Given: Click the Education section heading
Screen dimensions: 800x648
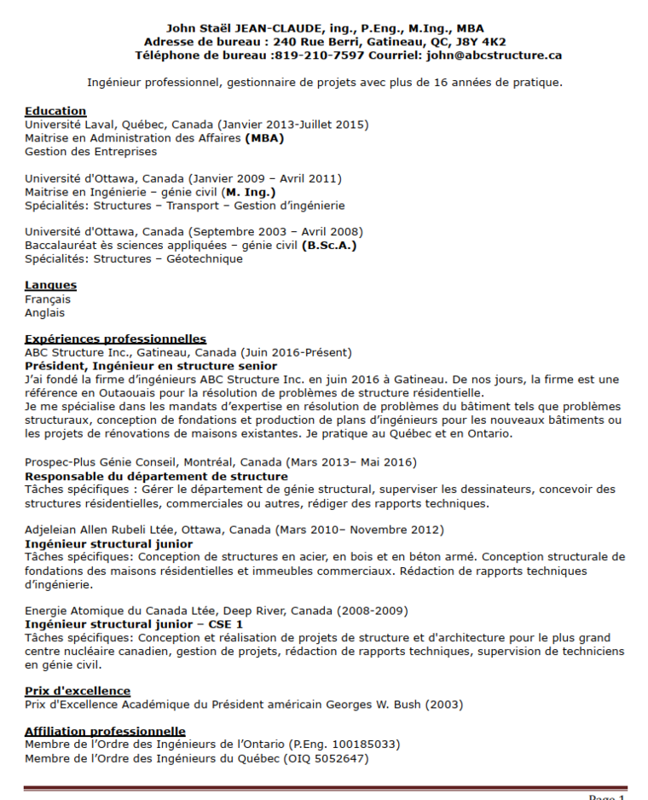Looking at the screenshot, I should (x=55, y=111).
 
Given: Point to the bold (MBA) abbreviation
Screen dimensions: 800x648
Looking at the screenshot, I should (x=264, y=138).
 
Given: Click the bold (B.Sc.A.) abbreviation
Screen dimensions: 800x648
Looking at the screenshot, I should (x=329, y=246).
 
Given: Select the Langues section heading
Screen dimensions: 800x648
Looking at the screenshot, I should (x=50, y=285).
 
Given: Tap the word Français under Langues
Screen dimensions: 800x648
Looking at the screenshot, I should (x=48, y=299).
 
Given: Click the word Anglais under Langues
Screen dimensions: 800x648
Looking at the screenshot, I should (x=44, y=313).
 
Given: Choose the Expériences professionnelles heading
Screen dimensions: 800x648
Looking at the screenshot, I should (x=115, y=339).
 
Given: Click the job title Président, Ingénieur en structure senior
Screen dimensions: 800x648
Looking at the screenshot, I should (x=151, y=366).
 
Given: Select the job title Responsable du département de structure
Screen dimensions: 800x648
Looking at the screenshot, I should (x=156, y=476).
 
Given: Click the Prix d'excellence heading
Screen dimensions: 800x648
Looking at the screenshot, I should (x=78, y=691).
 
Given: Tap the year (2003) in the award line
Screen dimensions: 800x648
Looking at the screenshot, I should (x=444, y=704).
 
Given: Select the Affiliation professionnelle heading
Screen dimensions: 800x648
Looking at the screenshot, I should (x=105, y=731).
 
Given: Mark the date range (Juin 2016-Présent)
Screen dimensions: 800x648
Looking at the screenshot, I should (x=297, y=352).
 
